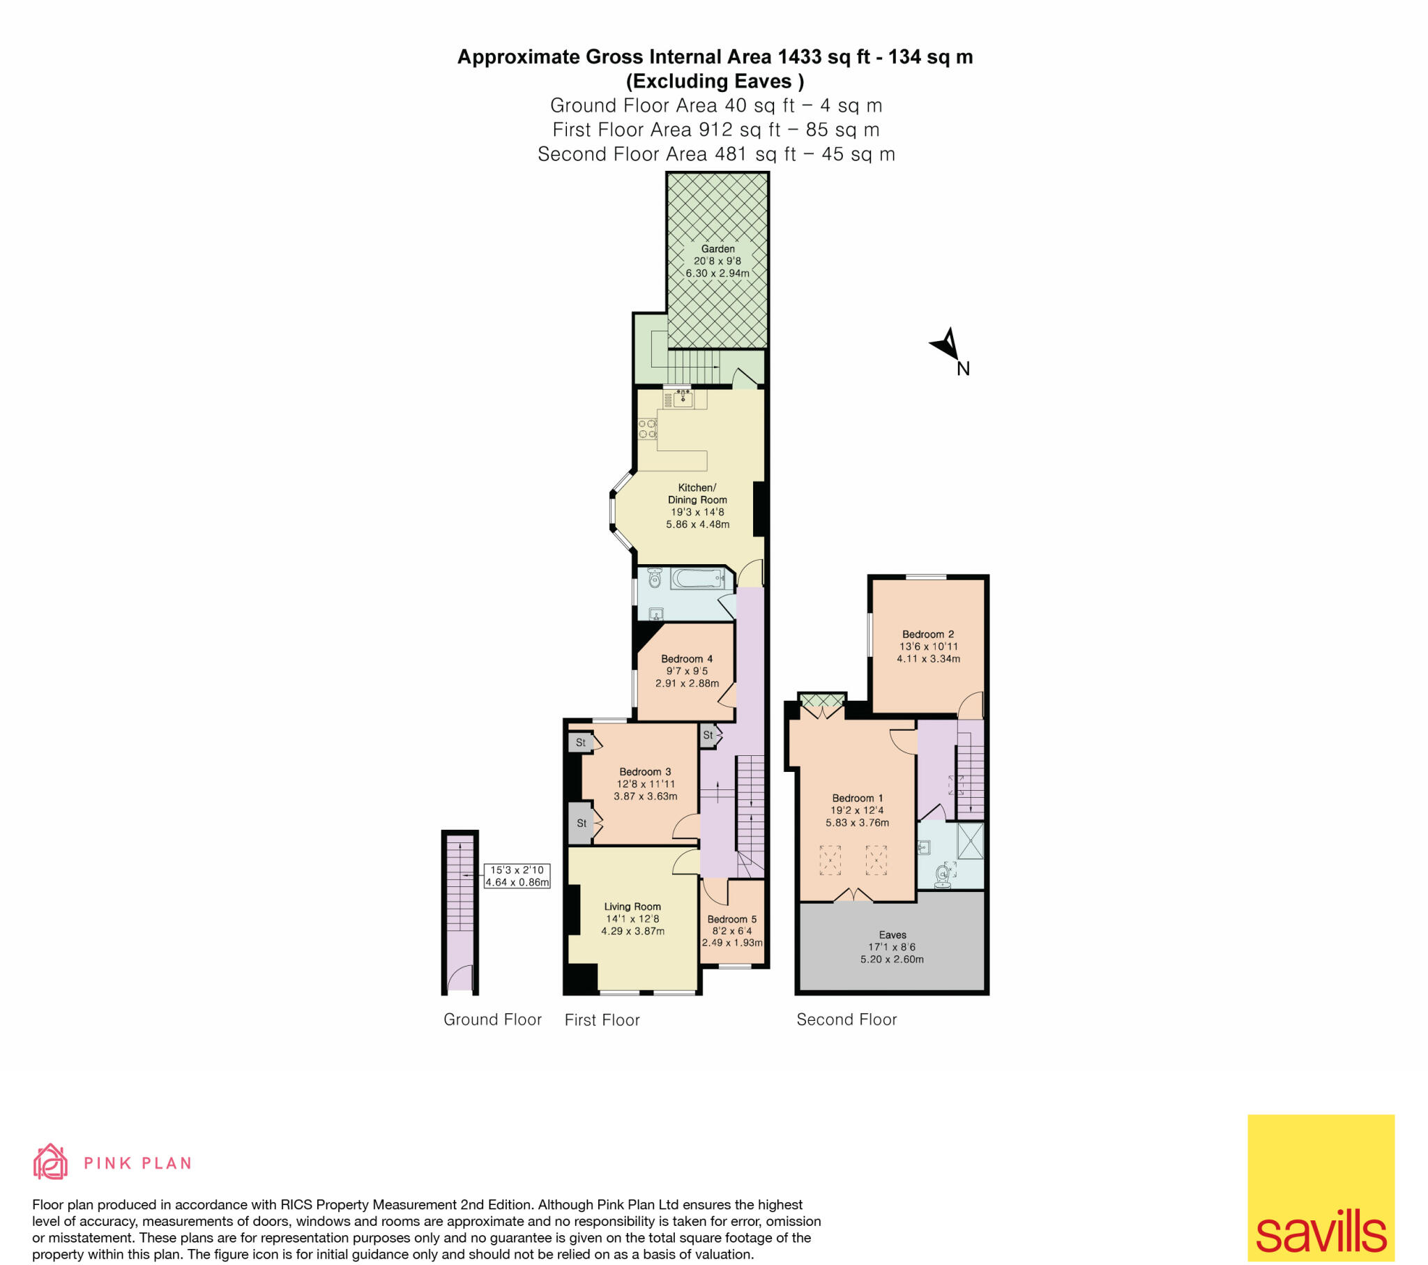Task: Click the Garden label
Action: [x=717, y=249]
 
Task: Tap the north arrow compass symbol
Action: [x=946, y=344]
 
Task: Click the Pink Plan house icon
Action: [x=50, y=1162]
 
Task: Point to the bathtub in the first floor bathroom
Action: [x=697, y=579]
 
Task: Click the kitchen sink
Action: [x=683, y=399]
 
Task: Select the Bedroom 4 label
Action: [x=687, y=659]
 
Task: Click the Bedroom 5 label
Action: [x=731, y=919]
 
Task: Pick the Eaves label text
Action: [x=892, y=934]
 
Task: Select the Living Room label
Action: [x=632, y=907]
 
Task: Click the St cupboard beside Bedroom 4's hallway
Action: [x=708, y=734]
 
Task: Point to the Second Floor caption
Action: [x=846, y=1020]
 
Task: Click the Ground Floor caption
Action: [x=492, y=1020]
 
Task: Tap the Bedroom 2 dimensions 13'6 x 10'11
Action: [x=929, y=646]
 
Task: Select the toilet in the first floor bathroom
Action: [x=655, y=579]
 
